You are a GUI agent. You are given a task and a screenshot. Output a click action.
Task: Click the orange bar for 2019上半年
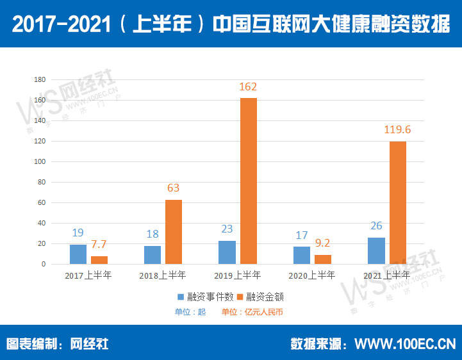[248, 181]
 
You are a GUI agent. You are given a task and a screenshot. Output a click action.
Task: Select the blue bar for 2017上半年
[78, 254]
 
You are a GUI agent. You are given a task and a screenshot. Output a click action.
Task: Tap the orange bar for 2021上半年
[397, 202]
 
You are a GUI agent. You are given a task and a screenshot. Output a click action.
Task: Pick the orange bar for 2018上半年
[174, 232]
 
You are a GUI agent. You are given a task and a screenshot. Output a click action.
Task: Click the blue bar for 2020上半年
[302, 255]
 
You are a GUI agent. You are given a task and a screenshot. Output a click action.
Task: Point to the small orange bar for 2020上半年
[323, 259]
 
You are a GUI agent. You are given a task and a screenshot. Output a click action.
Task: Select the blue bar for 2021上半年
[376, 250]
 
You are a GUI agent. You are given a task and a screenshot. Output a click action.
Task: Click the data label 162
[248, 86]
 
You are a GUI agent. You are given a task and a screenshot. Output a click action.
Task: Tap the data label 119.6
[397, 129]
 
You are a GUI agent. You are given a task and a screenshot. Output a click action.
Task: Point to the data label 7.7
[99, 245]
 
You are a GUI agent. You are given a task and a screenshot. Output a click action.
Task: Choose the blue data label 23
[227, 229]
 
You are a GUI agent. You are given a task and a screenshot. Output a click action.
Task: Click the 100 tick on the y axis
[40, 161]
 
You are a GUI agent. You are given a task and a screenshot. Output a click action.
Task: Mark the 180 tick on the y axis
[40, 79]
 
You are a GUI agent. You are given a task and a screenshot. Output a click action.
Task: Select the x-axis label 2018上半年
[163, 275]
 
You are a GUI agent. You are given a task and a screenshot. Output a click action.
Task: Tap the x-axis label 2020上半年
[312, 275]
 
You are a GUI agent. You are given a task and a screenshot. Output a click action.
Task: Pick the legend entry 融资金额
[261, 297]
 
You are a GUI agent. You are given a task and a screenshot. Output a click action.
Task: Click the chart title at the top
[231, 24]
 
